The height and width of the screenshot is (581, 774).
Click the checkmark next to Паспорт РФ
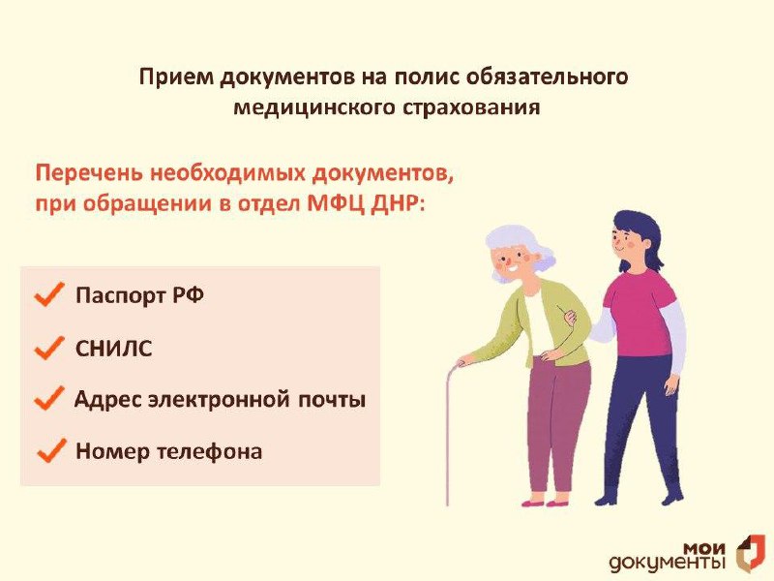click(x=49, y=295)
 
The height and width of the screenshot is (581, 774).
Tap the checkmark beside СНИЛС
click(x=49, y=348)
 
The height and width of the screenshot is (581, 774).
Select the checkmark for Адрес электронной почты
click(x=49, y=398)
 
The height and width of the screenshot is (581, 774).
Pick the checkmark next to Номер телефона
click(x=51, y=450)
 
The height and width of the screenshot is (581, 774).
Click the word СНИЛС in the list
click(x=113, y=349)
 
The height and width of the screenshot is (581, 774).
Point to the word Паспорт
click(x=120, y=295)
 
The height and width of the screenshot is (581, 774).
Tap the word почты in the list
click(x=331, y=399)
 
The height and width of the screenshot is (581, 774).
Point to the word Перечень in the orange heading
click(x=89, y=173)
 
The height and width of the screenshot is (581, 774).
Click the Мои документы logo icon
click(x=751, y=552)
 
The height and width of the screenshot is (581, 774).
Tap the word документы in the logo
click(x=668, y=563)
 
